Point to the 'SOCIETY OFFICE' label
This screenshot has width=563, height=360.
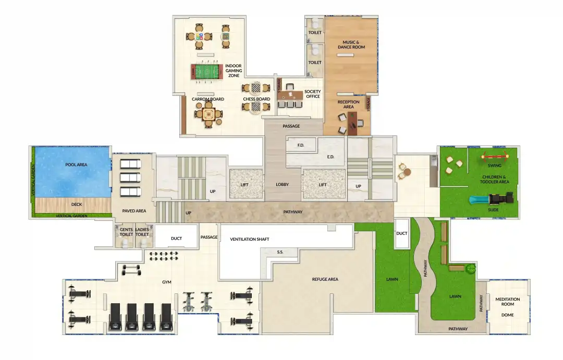click(x=313, y=94)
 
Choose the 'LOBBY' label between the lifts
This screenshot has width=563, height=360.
click(x=282, y=185)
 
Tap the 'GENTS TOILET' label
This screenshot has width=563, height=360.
click(x=126, y=232)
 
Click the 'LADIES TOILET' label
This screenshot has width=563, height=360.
click(x=142, y=232)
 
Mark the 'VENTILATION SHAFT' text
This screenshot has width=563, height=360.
click(x=250, y=239)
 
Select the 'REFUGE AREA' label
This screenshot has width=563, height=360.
click(x=325, y=279)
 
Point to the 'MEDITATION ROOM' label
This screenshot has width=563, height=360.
click(x=507, y=302)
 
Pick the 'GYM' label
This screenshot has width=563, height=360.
click(x=167, y=282)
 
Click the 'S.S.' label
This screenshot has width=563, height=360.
click(x=280, y=252)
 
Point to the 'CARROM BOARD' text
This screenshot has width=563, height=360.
click(x=207, y=99)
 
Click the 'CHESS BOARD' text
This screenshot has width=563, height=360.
click(x=256, y=99)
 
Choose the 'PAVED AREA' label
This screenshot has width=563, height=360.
click(x=133, y=211)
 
